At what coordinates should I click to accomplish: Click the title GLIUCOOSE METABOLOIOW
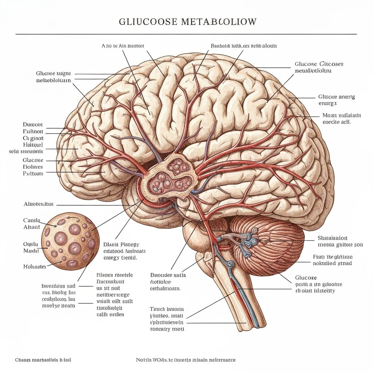pyautogui.click(x=188, y=22)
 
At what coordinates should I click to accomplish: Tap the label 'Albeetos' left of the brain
pyautogui.click(x=39, y=204)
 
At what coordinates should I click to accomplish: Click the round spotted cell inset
pyautogui.click(x=70, y=241)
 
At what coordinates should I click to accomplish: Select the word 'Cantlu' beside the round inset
pyautogui.click(x=32, y=220)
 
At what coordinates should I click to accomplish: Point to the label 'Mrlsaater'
pyautogui.click(x=35, y=266)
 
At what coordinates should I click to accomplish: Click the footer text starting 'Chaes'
pyautogui.click(x=43, y=360)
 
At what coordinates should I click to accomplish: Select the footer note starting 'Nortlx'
pyautogui.click(x=186, y=360)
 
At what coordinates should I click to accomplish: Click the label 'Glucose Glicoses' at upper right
pyautogui.click(x=319, y=64)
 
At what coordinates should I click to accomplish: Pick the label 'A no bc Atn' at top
pyautogui.click(x=123, y=46)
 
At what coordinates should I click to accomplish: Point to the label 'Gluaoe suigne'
pyautogui.click(x=54, y=73)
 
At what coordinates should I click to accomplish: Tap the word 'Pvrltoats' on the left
pyautogui.click(x=33, y=173)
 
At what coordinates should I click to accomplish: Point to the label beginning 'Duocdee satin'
pyautogui.click(x=168, y=275)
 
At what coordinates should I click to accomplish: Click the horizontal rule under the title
pyautogui.click(x=186, y=34)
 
